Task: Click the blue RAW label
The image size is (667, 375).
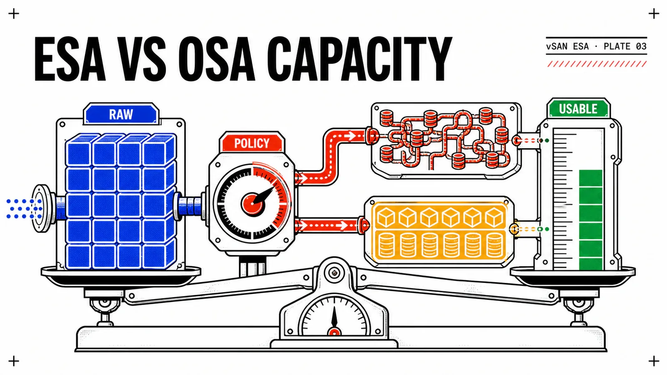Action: point(121,114)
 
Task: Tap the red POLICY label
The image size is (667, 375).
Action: point(252,143)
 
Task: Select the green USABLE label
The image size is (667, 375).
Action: point(578,109)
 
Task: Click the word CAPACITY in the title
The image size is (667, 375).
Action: point(359,59)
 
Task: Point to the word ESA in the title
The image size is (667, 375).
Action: point(70,59)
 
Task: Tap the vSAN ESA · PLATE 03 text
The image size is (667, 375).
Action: point(597,46)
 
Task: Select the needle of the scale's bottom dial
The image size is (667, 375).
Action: point(334,317)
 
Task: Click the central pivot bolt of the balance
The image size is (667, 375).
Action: point(334,272)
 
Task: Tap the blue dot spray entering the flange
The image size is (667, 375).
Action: point(24,209)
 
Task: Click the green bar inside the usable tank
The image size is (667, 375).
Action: point(591,220)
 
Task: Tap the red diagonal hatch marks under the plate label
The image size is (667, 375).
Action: point(597,64)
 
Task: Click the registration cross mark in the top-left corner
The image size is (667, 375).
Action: point(14,14)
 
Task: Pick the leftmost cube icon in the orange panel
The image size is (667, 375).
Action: point(386,217)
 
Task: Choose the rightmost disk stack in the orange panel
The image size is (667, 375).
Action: point(494,245)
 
